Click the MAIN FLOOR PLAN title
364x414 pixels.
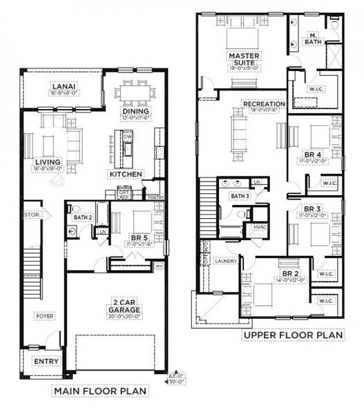[x=101, y=391]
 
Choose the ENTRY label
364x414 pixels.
[x=46, y=361]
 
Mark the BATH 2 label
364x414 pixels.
[x=83, y=218]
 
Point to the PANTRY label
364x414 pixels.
[x=156, y=197]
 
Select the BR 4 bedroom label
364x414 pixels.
[x=314, y=154]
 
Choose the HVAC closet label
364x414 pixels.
[x=260, y=227]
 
